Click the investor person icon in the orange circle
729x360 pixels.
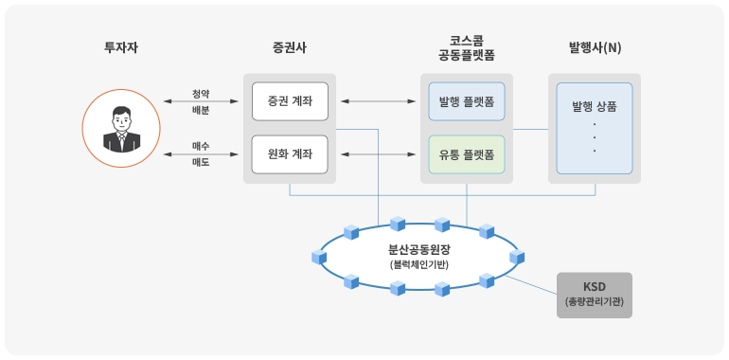(120, 128)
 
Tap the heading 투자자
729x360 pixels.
(121, 47)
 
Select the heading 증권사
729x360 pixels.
(289, 47)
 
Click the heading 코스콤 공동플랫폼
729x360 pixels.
(466, 48)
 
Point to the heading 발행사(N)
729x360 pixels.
(595, 47)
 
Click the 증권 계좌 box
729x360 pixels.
(290, 101)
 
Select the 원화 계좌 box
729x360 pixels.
(290, 153)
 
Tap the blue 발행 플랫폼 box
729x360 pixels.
(467, 101)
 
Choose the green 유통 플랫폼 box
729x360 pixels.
(467, 153)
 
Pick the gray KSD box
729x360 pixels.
(594, 295)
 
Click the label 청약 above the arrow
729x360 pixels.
(201, 92)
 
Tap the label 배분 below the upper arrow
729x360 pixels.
(201, 110)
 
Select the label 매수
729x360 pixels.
(201, 145)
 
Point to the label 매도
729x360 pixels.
(201, 162)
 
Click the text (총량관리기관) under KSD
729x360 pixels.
(594, 302)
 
